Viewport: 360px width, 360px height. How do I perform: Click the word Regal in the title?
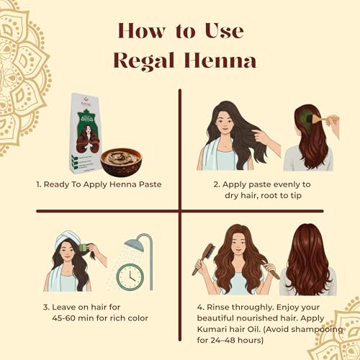[144, 61]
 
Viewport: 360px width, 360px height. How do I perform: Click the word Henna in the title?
[220, 60]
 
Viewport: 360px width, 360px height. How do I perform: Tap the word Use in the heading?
[224, 31]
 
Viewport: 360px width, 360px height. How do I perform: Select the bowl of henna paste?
[121, 163]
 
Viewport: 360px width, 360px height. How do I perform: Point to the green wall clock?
[130, 277]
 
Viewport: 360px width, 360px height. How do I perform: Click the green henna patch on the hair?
[302, 117]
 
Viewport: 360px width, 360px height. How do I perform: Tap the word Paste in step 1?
[150, 184]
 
